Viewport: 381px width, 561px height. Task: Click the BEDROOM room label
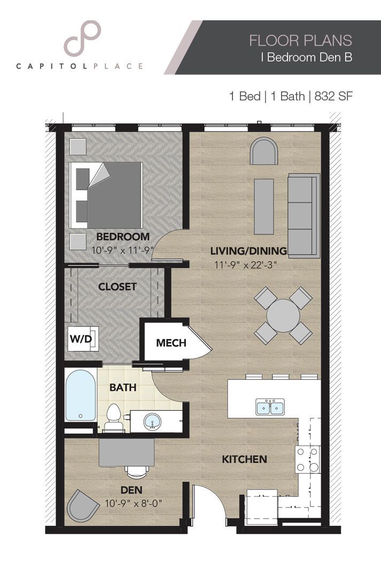point(122,237)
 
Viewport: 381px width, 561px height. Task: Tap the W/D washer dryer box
point(80,339)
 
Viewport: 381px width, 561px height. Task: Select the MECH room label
point(171,342)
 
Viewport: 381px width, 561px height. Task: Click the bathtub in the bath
point(81,396)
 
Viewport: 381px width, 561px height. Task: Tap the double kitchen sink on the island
point(270,407)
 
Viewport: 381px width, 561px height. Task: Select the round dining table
point(283,315)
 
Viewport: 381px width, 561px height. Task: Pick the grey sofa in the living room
point(304,215)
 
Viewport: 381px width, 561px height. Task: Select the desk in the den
point(127,452)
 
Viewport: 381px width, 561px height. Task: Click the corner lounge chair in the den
point(83,506)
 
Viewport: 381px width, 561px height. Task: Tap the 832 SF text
point(334,97)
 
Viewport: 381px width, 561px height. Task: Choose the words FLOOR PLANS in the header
point(300,40)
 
